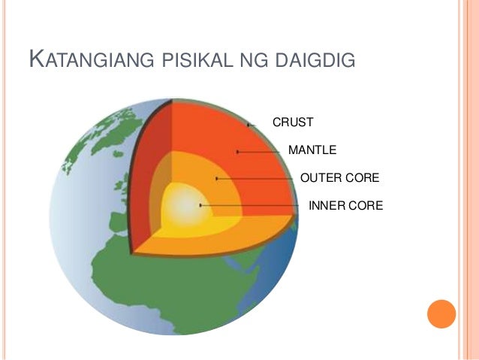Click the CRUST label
(292, 122)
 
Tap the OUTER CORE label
(339, 178)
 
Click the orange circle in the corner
(441, 313)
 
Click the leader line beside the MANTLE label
(263, 152)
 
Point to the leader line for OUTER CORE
(255, 179)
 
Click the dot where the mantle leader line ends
(237, 152)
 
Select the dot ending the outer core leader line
(216, 179)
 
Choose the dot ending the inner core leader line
(200, 205)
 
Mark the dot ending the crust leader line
(249, 123)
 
